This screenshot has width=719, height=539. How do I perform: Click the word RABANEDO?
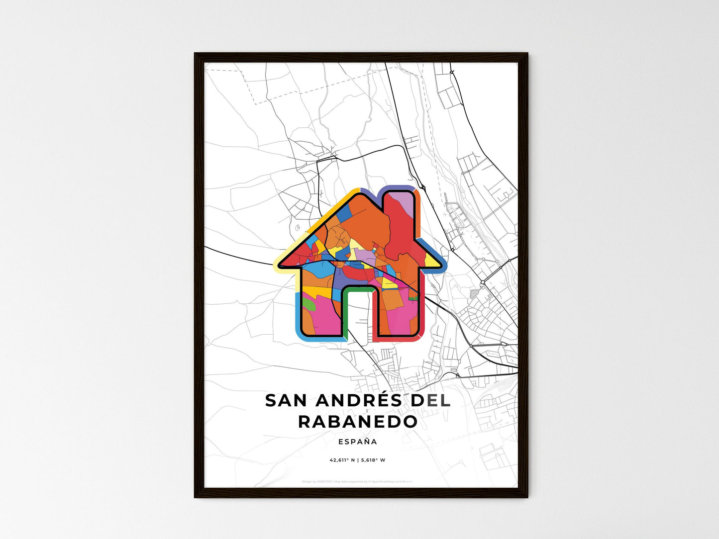tap(358, 422)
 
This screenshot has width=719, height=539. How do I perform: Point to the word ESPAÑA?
tap(357, 442)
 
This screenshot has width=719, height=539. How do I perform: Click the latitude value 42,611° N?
tap(341, 460)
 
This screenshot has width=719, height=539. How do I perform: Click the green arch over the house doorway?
tap(357, 289)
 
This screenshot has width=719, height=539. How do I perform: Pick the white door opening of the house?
tap(357, 316)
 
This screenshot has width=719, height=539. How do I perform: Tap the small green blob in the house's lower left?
tap(309, 304)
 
